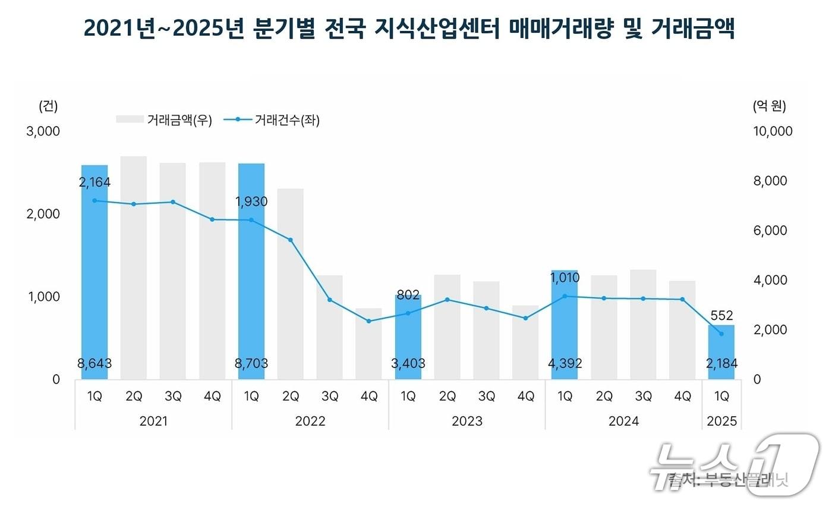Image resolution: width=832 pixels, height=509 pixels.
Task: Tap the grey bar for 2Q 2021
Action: [x=134, y=268]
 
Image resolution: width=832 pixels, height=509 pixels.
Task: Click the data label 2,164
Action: [x=94, y=182]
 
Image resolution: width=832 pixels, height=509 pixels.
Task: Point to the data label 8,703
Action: [x=251, y=363]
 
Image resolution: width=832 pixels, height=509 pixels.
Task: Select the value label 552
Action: [x=721, y=315]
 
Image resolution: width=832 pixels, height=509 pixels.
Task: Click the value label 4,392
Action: [x=565, y=363]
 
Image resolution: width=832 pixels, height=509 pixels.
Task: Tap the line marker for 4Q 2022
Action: [x=369, y=321]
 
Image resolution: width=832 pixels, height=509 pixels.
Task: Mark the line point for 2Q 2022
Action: [x=291, y=240]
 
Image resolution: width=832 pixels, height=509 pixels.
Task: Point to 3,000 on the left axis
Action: [x=44, y=131]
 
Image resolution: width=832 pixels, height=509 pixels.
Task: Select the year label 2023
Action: [x=467, y=421]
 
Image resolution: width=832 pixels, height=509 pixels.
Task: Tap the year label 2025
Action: [x=722, y=421]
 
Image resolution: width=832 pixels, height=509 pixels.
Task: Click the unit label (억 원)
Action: [x=769, y=106]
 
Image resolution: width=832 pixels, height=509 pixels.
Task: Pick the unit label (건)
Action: [x=48, y=106]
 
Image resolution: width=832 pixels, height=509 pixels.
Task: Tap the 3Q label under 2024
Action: [x=643, y=397]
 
